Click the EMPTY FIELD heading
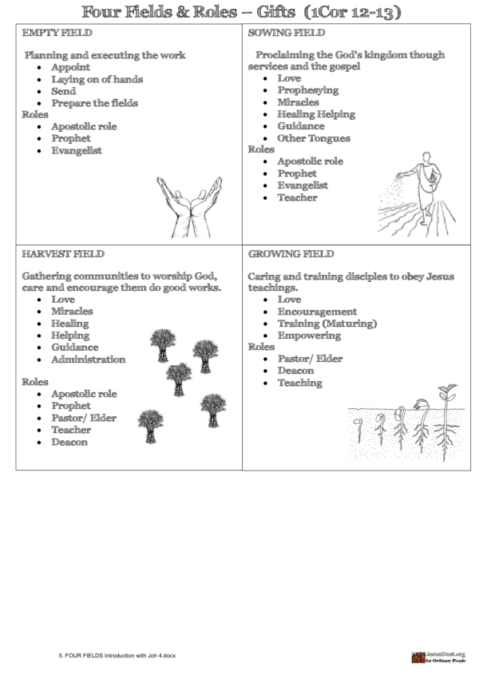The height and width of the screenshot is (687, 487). click(57, 34)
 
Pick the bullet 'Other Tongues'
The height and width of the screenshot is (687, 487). click(313, 138)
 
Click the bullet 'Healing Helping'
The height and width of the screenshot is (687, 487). click(316, 114)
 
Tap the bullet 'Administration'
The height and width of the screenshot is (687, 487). click(88, 359)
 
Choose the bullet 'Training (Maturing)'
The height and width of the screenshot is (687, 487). click(327, 324)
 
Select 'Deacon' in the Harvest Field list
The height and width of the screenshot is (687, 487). click(69, 442)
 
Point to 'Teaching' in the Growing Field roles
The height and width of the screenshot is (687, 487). click(299, 383)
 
